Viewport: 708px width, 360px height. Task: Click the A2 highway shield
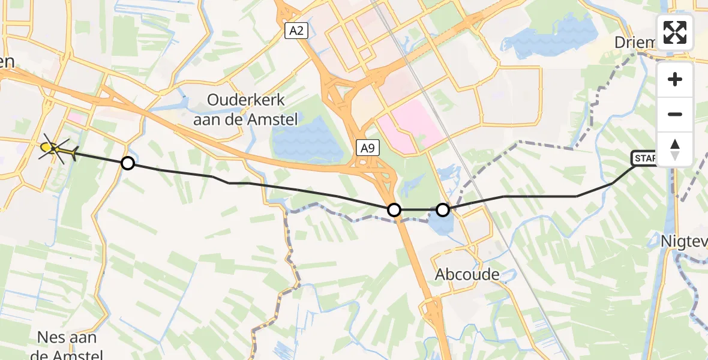[x=296, y=31]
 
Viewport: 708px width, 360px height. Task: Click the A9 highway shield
[x=368, y=148]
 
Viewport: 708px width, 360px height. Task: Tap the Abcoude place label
[x=467, y=275]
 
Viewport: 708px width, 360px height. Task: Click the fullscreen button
[x=675, y=32]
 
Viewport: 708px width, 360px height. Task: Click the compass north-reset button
[x=675, y=149]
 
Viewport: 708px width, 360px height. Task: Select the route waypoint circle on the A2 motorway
[x=394, y=210]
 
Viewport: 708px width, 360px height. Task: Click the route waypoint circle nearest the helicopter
[x=127, y=163]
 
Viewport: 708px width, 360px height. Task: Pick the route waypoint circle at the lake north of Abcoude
[x=443, y=210]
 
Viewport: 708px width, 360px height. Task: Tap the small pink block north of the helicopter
[x=75, y=118]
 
